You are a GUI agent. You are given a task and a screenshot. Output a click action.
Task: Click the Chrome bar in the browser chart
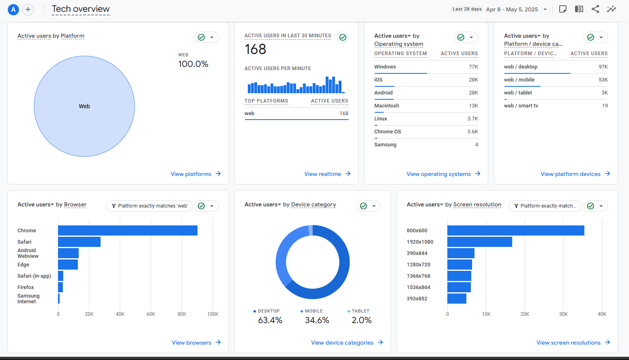click(x=127, y=230)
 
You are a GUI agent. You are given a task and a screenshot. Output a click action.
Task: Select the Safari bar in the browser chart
click(x=79, y=242)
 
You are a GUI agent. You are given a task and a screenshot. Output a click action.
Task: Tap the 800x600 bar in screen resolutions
click(x=515, y=230)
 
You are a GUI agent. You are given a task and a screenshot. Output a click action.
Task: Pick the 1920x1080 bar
click(x=479, y=242)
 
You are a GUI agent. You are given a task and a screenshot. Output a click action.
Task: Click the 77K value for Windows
click(x=473, y=67)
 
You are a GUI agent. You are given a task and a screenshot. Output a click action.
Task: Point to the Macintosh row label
click(x=386, y=106)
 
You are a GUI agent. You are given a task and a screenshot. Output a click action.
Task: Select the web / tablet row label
click(x=518, y=93)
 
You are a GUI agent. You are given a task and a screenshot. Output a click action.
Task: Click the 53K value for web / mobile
click(x=603, y=80)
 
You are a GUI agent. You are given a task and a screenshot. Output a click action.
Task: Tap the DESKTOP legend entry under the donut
click(x=268, y=311)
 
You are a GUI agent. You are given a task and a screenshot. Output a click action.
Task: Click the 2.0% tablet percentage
click(x=361, y=320)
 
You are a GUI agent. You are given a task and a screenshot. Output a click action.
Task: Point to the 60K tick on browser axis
click(x=151, y=314)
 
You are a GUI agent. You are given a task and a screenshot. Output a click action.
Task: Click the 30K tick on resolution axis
click(x=563, y=314)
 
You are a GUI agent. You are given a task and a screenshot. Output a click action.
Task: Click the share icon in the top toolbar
click(x=595, y=9)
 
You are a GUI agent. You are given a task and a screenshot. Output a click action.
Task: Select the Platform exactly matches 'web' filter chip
click(x=149, y=206)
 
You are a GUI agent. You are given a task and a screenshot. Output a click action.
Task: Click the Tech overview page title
click(x=81, y=9)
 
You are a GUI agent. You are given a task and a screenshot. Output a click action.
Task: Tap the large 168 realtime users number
click(x=255, y=49)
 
